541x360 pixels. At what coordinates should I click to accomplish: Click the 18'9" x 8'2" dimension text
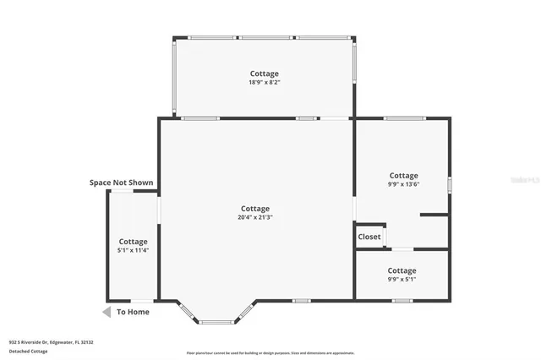264,84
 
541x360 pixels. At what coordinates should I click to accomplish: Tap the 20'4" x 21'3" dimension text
254,218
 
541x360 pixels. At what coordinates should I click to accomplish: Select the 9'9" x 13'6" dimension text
403,185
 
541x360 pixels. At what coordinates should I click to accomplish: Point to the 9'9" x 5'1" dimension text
402,280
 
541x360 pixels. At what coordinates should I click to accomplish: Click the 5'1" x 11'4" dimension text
133,251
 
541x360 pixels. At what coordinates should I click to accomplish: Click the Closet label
369,237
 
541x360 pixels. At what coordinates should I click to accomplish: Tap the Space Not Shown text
122,183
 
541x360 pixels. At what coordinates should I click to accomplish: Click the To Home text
133,312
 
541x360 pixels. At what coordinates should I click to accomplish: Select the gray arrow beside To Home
107,312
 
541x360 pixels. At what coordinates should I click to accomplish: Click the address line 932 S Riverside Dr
51,342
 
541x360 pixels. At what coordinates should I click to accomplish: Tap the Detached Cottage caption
29,351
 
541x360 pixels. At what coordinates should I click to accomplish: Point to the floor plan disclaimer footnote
270,353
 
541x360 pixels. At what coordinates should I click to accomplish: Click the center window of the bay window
215,322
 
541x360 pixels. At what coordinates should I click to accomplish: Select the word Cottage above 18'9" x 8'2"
264,74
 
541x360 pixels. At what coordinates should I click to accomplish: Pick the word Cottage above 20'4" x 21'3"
254,209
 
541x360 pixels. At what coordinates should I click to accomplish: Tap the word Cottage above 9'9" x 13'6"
403,176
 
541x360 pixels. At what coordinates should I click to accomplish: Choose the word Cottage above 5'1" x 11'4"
133,242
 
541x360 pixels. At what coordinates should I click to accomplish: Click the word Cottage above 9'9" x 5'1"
402,270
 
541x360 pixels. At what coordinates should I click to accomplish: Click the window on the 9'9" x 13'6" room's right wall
450,183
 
